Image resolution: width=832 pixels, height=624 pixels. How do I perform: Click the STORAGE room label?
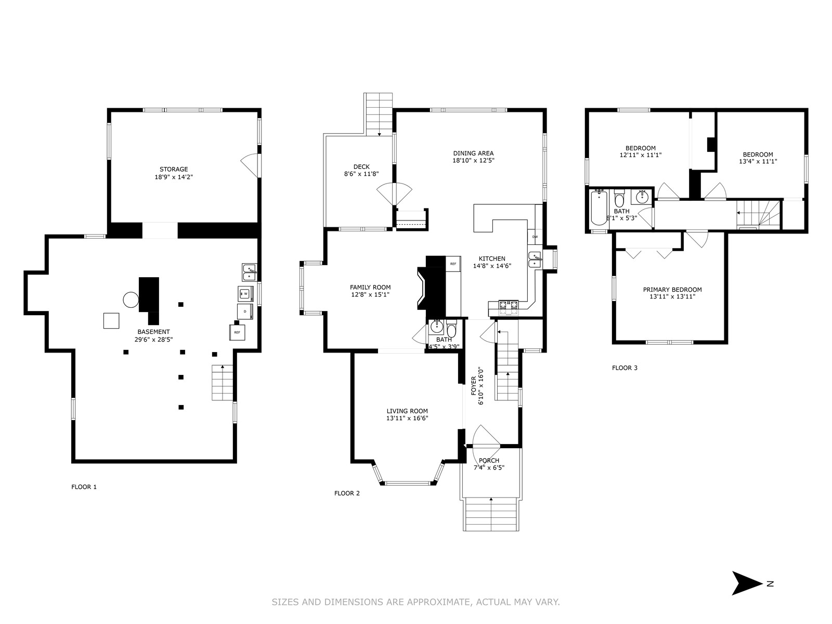click(x=174, y=170)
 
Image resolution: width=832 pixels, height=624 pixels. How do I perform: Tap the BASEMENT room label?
click(x=153, y=332)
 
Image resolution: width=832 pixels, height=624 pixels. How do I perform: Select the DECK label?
click(x=361, y=167)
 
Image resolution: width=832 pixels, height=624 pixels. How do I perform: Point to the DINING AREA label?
click(x=473, y=153)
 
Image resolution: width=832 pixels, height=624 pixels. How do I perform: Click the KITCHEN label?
click(x=492, y=259)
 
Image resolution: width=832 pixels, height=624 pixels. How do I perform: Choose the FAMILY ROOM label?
click(x=370, y=288)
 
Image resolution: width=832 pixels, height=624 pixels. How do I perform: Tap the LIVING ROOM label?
click(x=407, y=411)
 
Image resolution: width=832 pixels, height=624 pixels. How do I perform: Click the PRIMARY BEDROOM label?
click(x=672, y=290)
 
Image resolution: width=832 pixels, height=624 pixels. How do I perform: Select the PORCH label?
click(x=489, y=461)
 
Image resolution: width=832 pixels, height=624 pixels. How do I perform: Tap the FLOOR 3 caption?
click(x=625, y=368)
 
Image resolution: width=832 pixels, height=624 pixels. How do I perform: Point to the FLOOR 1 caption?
click(x=84, y=487)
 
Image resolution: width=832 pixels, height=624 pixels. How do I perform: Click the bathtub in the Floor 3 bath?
click(x=599, y=208)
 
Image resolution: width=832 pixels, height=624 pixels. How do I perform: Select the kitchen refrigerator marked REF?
click(x=453, y=264)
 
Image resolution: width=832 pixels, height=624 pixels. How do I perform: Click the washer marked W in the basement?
click(x=245, y=294)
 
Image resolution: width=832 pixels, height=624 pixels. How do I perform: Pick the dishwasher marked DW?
click(x=535, y=237)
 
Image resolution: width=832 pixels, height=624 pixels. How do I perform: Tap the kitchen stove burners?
click(x=508, y=308)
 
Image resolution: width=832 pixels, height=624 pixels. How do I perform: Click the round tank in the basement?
click(x=131, y=300)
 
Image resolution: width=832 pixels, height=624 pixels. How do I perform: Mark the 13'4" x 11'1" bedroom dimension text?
click(x=758, y=161)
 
